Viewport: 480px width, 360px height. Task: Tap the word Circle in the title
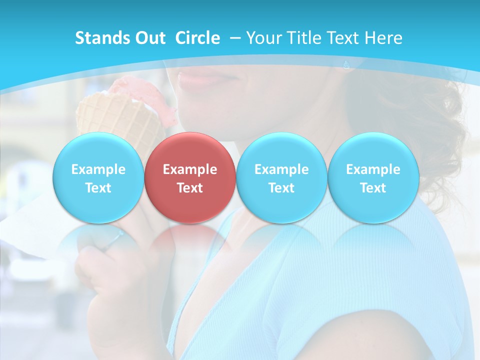(x=197, y=38)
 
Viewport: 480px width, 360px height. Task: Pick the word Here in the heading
(x=384, y=38)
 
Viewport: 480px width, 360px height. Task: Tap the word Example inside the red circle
(x=189, y=169)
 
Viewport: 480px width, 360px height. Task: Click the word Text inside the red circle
(x=189, y=188)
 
